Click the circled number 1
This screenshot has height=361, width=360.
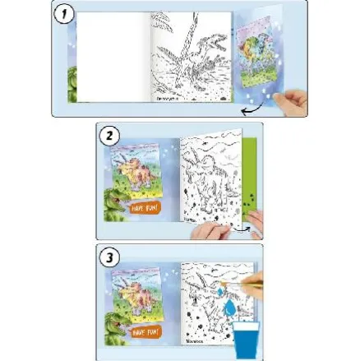(67, 16)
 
